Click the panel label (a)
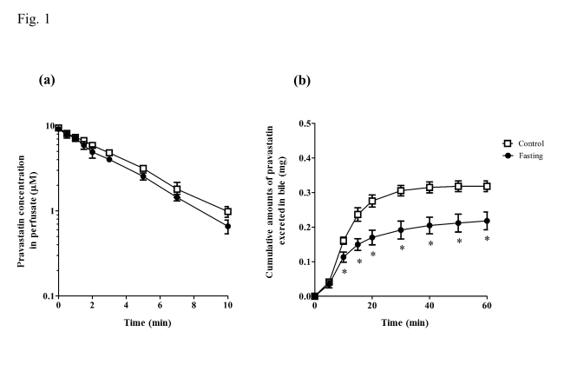48,79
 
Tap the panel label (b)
301,80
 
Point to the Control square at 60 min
487,186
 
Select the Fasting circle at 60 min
487,221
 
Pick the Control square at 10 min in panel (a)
227,211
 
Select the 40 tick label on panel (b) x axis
430,307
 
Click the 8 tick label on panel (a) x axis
193,307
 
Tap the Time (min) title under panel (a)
143,321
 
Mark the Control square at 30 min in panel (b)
401,190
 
